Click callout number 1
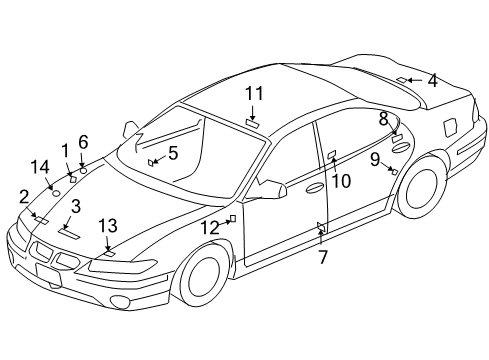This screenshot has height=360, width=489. tap(65, 150)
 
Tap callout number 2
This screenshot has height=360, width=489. tap(24, 196)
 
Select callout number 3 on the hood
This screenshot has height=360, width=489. tap(75, 206)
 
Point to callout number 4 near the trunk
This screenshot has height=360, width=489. tap(432, 80)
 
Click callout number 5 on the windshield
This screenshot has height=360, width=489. tap(173, 153)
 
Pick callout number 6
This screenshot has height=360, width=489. tap(83, 142)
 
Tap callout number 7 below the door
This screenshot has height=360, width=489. tap(322, 257)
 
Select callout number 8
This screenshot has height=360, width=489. tap(384, 118)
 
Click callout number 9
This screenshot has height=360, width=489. tap(374, 159)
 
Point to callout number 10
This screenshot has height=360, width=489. tap(342, 181)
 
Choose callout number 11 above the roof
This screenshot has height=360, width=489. tap(255, 93)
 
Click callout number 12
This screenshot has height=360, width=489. tap(208, 227)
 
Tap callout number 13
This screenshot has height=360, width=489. tap(107, 225)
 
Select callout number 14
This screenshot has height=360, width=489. tap(39, 167)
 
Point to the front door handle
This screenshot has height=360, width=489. tap(314, 186)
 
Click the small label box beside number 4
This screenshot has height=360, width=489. tap(401, 79)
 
